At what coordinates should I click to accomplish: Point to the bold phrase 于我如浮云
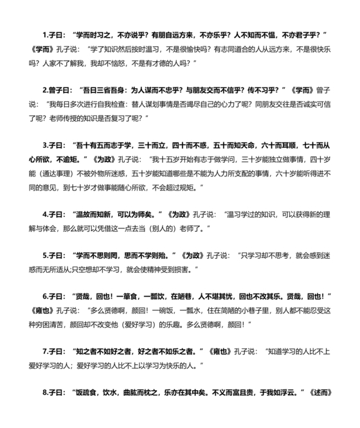tap(280, 392)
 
